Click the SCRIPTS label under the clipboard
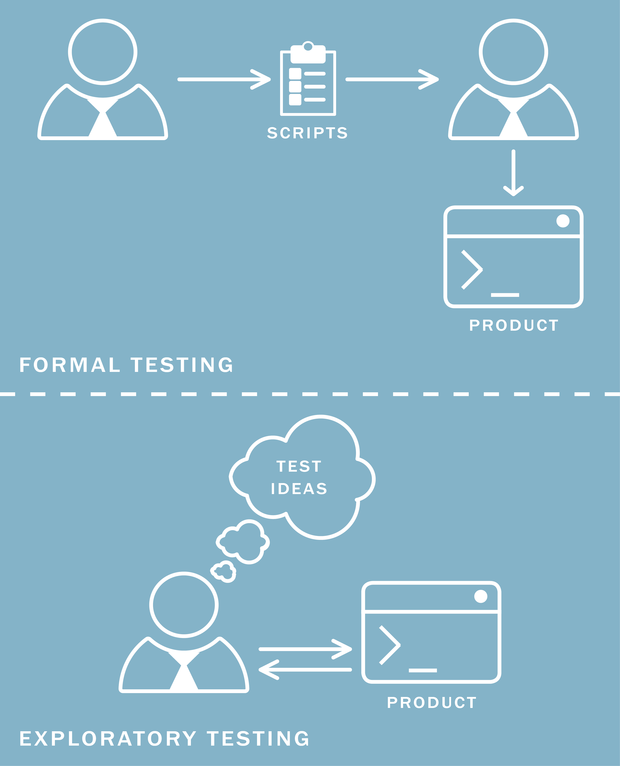[307, 133]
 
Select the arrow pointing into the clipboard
[224, 79]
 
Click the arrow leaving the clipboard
[392, 79]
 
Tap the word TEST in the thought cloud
[299, 466]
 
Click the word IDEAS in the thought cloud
[299, 488]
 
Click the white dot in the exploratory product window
[480, 596]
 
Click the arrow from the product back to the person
[305, 670]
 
